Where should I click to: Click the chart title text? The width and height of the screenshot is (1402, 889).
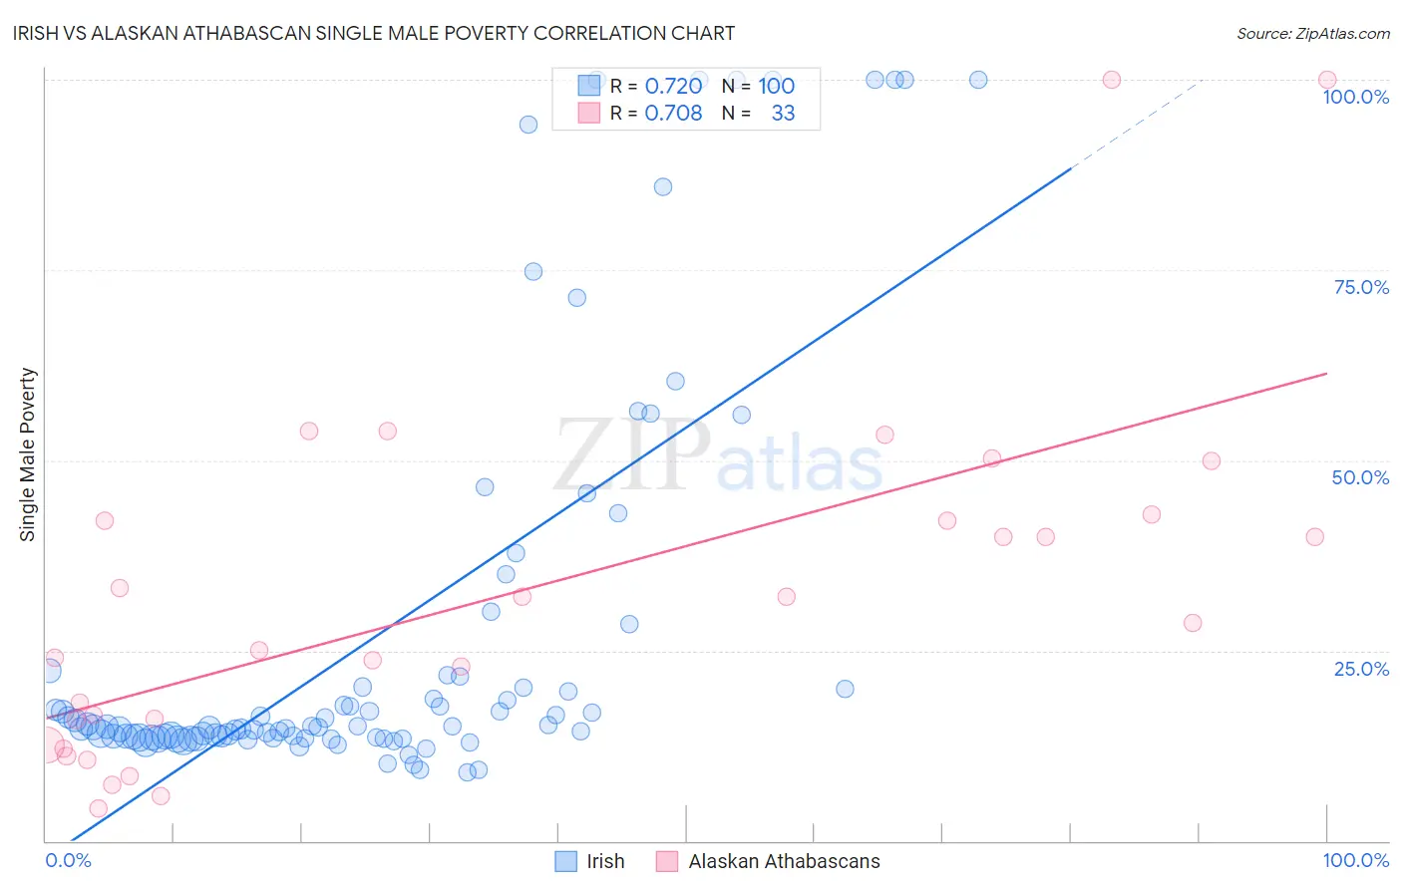(375, 33)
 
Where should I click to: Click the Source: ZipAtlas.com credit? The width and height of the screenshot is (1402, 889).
(1312, 33)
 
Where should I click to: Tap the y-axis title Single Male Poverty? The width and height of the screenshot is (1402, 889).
(28, 454)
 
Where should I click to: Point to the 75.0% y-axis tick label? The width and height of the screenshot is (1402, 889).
(1361, 287)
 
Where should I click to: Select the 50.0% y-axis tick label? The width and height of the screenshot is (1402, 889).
(1360, 477)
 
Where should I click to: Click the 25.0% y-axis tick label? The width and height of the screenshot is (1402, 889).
(1361, 669)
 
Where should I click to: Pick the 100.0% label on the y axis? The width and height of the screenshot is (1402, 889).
(1355, 97)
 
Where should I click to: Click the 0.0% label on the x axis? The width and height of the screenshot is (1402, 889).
(68, 860)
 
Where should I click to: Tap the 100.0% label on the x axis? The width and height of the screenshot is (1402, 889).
(1355, 860)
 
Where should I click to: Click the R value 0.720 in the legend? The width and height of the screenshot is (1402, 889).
(673, 87)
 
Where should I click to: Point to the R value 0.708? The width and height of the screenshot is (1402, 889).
(673, 114)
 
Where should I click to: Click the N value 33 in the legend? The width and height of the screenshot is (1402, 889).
(783, 114)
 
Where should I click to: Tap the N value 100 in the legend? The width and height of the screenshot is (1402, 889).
(776, 87)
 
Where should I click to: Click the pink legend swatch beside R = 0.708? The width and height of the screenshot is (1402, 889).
(589, 113)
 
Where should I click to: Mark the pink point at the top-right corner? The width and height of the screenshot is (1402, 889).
(1327, 80)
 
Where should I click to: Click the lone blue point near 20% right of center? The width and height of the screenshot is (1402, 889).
(845, 689)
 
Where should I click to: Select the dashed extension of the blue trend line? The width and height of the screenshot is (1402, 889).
(1137, 124)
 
